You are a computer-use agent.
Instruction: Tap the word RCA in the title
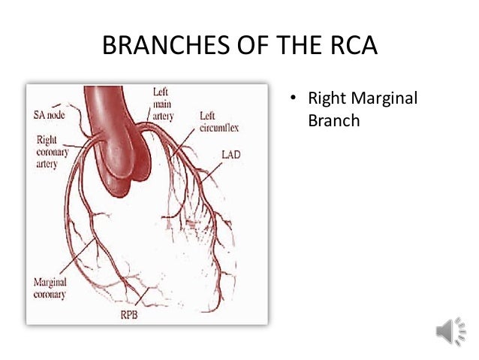click(x=351, y=49)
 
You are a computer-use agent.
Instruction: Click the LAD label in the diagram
click(x=231, y=153)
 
